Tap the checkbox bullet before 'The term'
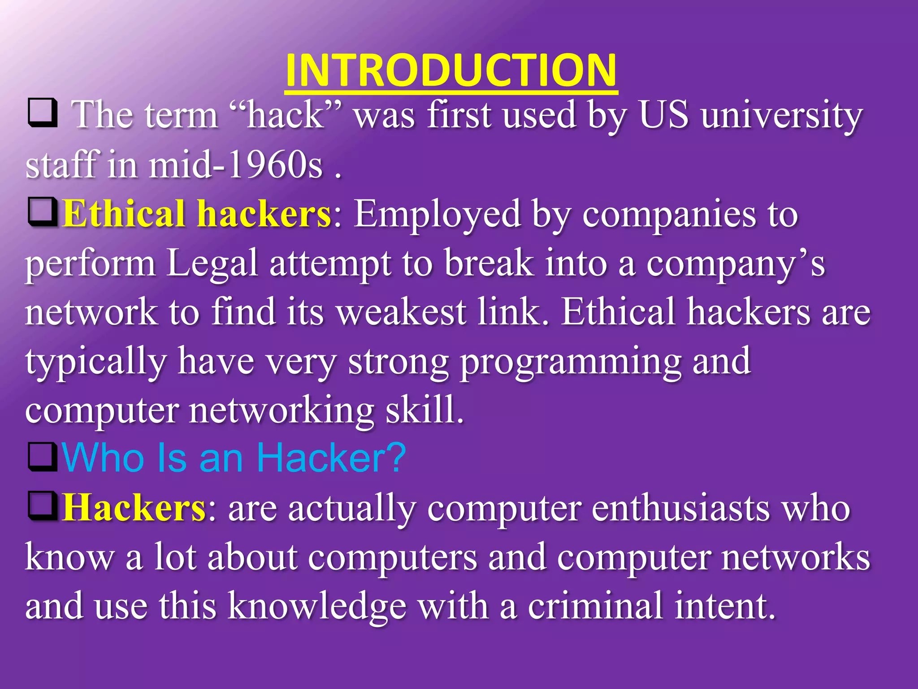[x=43, y=113]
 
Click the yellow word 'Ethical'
[x=124, y=214]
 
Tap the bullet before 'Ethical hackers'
[x=43, y=212]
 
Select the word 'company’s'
[x=735, y=264]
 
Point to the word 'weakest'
[x=401, y=312]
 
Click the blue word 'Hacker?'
[x=331, y=458]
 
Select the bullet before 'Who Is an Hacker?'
[x=43, y=457]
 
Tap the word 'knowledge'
[x=317, y=606]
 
